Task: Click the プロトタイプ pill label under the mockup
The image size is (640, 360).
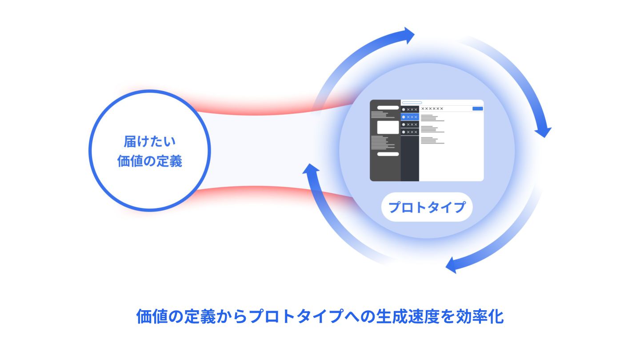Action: [427, 207]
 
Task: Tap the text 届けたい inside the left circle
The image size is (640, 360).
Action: [150, 142]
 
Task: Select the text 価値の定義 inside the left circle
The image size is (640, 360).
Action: [150, 161]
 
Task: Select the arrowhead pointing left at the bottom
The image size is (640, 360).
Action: [452, 265]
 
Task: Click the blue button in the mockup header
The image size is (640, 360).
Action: [477, 108]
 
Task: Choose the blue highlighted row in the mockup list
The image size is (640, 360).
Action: [410, 117]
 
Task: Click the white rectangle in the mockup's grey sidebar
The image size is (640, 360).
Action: [388, 127]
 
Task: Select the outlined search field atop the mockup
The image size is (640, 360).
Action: [412, 103]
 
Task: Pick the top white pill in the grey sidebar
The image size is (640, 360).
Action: [388, 108]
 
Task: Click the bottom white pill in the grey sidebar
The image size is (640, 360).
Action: [388, 154]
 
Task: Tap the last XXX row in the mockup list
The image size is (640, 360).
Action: [410, 132]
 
